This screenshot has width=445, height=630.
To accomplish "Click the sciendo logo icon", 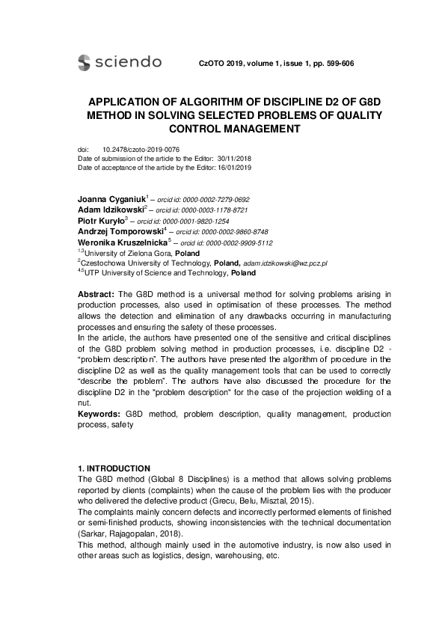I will pyautogui.click(x=84, y=63).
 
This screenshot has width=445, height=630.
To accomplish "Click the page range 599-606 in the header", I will pyautogui.click(x=338, y=64).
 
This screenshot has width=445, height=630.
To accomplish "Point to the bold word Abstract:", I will pyautogui.click(x=96, y=296).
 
